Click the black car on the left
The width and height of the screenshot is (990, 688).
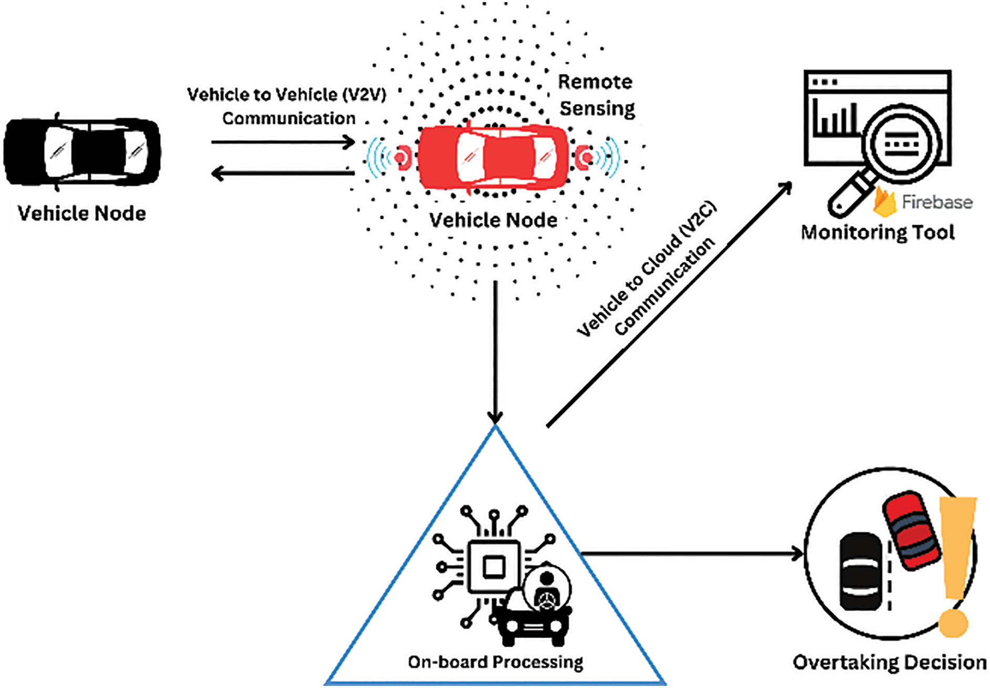pos(82,152)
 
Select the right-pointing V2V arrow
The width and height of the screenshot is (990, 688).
pos(283,142)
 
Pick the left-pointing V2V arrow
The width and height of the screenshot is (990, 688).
pos(283,173)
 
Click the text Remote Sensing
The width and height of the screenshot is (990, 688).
pos(596,95)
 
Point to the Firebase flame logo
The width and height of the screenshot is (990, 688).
pos(884,202)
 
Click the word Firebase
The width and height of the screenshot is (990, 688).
pos(937,202)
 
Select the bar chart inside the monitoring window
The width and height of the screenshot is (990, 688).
pos(835,117)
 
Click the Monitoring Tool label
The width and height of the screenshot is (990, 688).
pos(877,232)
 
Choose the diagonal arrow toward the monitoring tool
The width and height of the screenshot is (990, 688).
pos(669,304)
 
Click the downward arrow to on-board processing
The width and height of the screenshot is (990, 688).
pos(495,352)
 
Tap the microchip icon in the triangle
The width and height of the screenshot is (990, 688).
pos(494,567)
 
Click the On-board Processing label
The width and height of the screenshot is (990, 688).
pos(496,662)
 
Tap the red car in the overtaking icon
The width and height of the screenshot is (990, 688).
pos(911,530)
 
